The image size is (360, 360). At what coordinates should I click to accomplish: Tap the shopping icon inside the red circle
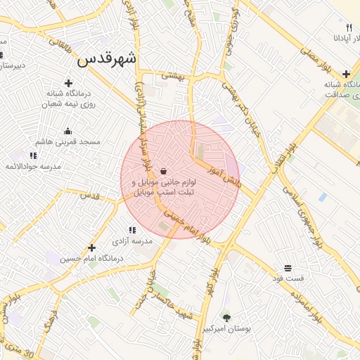(163, 171)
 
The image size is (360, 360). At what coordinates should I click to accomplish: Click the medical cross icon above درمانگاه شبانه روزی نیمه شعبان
(67, 83)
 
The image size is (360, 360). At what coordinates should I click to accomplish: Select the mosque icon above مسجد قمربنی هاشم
(67, 131)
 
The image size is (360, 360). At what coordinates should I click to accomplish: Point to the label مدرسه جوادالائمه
(33, 166)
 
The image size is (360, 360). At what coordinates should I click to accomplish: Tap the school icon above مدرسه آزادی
(131, 230)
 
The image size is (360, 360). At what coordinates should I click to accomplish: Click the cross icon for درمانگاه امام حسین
(92, 247)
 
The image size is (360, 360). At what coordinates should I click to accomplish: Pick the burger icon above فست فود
(288, 268)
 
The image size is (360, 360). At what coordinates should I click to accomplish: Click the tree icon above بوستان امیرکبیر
(226, 317)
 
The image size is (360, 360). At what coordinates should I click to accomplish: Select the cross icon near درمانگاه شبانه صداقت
(346, 74)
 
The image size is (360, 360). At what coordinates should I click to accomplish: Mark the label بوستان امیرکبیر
(228, 328)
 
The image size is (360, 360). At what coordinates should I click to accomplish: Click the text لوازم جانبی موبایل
(163, 181)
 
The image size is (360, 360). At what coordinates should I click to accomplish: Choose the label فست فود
(289, 278)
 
